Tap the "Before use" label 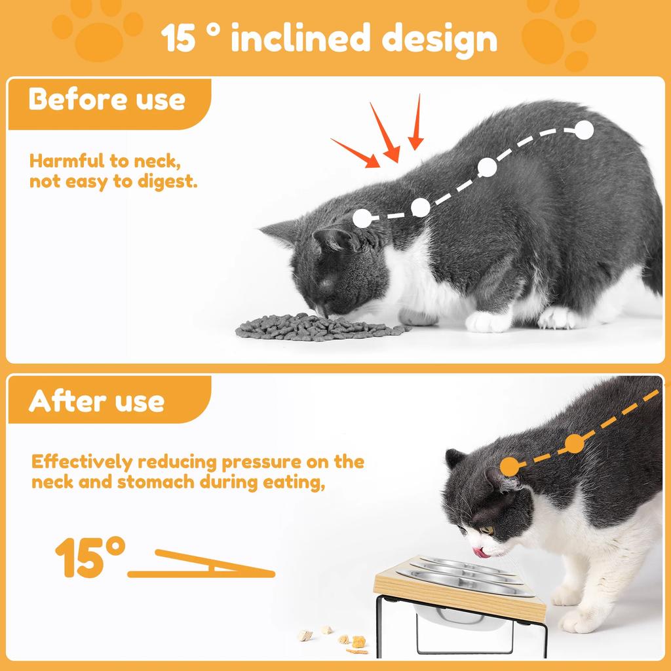tap(107, 100)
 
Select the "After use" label tap(96, 400)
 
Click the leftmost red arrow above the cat tap(355, 153)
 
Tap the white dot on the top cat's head tap(361, 218)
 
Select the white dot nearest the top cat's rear tap(584, 130)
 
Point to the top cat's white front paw tap(488, 321)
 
